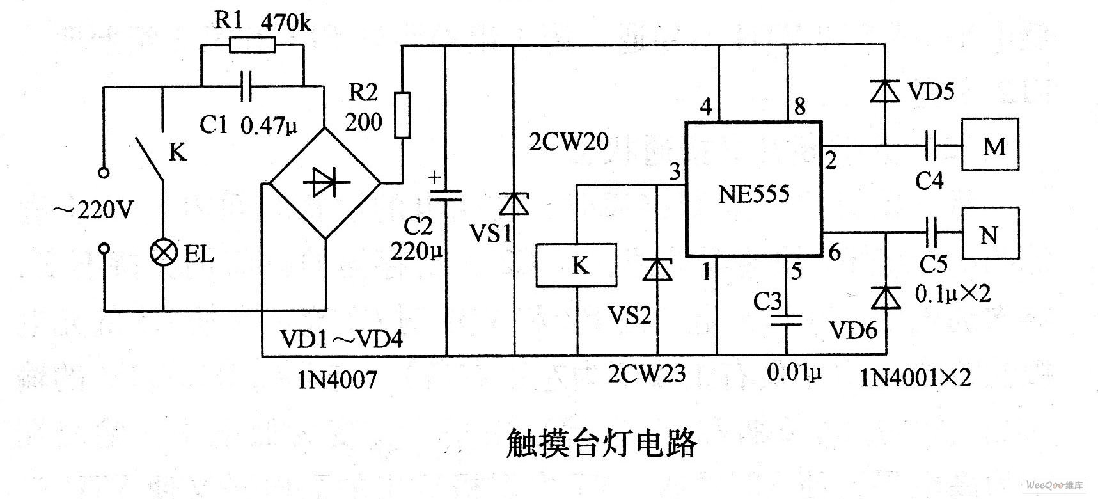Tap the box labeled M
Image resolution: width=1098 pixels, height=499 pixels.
[991, 146]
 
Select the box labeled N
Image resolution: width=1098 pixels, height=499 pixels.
[991, 234]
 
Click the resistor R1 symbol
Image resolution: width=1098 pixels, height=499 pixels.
[253, 44]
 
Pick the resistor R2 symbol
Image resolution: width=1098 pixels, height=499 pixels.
[402, 115]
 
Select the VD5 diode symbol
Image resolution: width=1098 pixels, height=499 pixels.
[886, 91]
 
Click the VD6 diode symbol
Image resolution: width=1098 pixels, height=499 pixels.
[886, 297]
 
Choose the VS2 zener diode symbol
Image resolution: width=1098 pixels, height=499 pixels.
[657, 269]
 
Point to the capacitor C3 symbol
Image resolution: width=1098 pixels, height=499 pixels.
[786, 319]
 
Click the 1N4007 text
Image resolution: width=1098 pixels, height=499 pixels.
[336, 380]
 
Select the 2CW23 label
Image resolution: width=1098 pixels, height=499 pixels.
[647, 373]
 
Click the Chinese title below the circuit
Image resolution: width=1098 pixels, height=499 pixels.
[600, 443]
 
